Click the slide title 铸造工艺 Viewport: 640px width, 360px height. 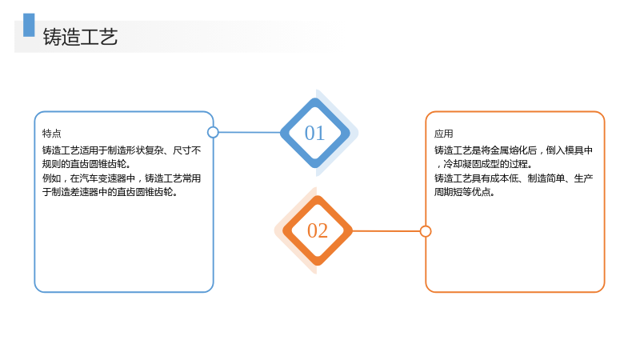point(81,37)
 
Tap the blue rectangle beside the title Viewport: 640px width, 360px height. point(29,25)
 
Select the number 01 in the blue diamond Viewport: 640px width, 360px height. point(314,133)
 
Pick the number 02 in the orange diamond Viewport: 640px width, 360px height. point(318,230)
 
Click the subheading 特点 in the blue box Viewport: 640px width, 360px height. point(51,133)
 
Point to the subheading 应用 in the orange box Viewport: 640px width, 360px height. point(444,134)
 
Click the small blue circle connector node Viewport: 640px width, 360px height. point(213,132)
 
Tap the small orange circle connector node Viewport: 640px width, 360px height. point(426,231)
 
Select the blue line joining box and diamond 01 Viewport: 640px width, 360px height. point(250,132)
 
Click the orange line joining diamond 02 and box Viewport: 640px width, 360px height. point(386,231)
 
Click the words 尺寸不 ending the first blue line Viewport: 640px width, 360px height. point(187,150)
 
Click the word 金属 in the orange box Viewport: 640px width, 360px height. point(500,150)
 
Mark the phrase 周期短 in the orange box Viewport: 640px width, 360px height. point(448,192)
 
